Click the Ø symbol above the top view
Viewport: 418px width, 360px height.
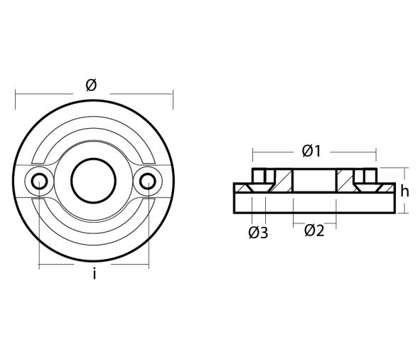point(91,85)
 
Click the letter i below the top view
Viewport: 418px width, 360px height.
point(94,274)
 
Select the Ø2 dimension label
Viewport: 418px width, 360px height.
point(314,231)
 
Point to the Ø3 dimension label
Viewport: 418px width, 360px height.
point(258,233)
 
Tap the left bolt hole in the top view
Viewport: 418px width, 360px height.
point(39,182)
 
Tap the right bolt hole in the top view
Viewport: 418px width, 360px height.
point(147,182)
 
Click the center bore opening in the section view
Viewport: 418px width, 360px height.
point(314,181)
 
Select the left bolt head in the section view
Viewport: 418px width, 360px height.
point(260,175)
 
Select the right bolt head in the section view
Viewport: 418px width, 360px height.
point(368,175)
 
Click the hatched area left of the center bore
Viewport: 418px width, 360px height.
point(284,181)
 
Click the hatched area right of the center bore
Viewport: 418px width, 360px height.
point(345,181)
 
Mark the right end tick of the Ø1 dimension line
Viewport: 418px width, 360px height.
point(376,152)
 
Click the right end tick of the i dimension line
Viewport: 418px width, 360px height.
point(149,265)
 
